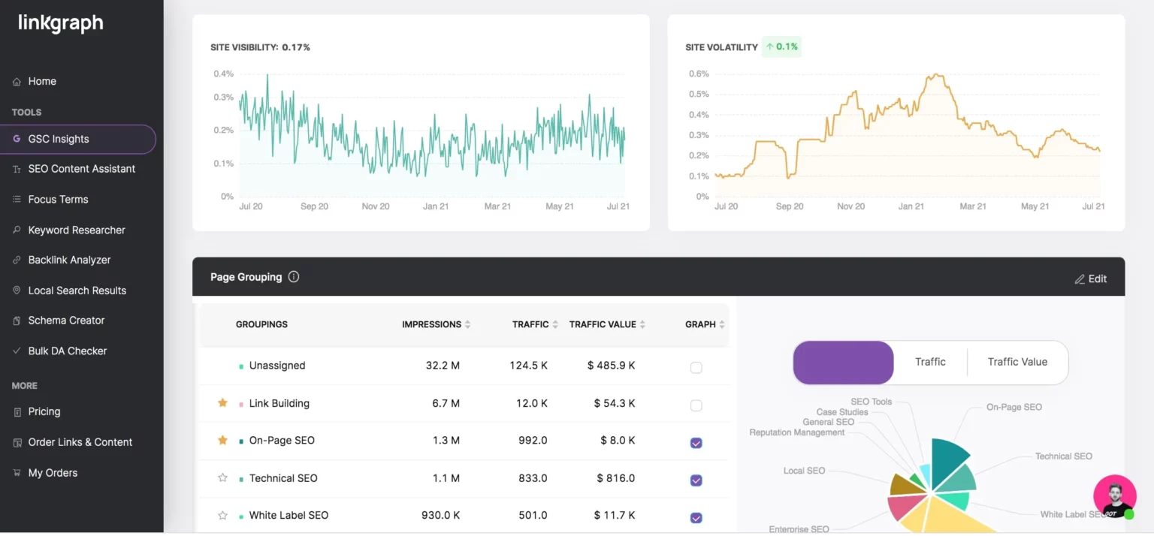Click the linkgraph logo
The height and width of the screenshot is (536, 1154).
pyautogui.click(x=61, y=24)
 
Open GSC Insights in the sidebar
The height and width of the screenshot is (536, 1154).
pyautogui.click(x=59, y=139)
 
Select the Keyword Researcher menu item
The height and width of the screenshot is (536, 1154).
pyautogui.click(x=77, y=230)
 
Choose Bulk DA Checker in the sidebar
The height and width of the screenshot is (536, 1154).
pyautogui.click(x=68, y=351)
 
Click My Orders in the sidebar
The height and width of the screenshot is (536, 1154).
pyautogui.click(x=53, y=473)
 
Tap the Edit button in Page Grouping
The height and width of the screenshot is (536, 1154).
pyautogui.click(x=1091, y=279)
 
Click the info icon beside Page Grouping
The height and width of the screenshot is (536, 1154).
pyautogui.click(x=294, y=276)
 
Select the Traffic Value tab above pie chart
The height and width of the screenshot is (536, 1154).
pyautogui.click(x=1017, y=362)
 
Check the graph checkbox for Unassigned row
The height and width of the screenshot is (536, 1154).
pyautogui.click(x=696, y=368)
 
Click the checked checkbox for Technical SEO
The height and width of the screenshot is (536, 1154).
pyautogui.click(x=696, y=480)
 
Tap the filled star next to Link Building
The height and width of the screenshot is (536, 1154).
pyautogui.click(x=222, y=403)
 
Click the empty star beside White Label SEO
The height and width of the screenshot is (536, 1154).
pyautogui.click(x=222, y=516)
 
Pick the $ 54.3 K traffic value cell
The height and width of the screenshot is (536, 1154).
pyautogui.click(x=615, y=403)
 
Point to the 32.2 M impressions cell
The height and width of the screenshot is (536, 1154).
pyautogui.click(x=443, y=366)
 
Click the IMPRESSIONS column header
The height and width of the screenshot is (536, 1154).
pyautogui.click(x=432, y=324)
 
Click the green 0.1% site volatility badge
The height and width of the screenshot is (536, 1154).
pyautogui.click(x=781, y=47)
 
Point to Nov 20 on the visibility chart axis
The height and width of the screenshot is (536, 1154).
pyautogui.click(x=376, y=206)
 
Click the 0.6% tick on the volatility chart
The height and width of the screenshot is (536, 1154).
pyautogui.click(x=699, y=74)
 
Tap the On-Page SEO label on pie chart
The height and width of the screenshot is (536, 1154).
pyautogui.click(x=1014, y=407)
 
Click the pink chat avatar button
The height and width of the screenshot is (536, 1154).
pyautogui.click(x=1114, y=496)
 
